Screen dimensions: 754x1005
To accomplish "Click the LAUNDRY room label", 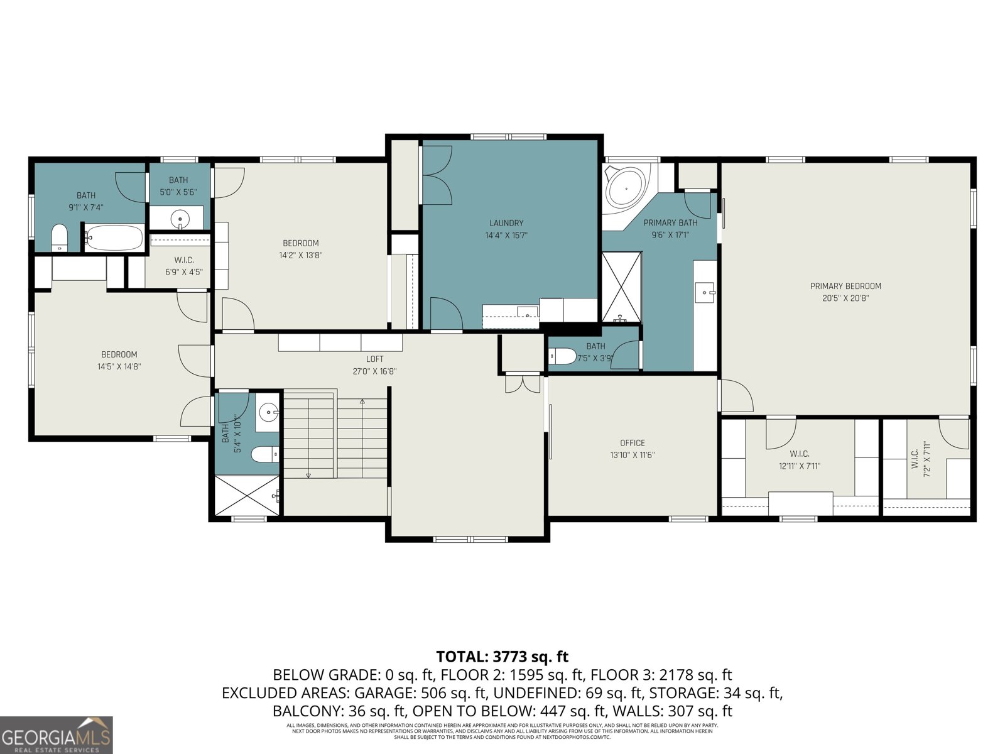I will [506, 223].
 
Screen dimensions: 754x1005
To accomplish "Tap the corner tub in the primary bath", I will [626, 187].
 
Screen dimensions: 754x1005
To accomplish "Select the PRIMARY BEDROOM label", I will [845, 287].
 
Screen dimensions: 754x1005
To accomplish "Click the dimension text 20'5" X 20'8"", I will [845, 298].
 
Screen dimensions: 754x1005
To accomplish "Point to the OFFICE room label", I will [632, 443].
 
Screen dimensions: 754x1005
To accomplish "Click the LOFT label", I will [374, 359].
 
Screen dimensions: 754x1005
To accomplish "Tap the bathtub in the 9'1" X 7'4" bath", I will [114, 238].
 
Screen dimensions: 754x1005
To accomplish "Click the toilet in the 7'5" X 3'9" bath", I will [561, 356].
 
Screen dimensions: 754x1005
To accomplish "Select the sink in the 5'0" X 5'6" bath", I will [180, 219].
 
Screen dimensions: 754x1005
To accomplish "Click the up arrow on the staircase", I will [362, 402].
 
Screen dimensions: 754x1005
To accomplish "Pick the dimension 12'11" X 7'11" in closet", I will [800, 466].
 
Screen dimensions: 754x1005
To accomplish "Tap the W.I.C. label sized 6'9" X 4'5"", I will [183, 260].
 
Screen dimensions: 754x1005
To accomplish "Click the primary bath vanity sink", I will [706, 292].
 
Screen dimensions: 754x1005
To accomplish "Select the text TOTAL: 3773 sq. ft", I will [502, 657].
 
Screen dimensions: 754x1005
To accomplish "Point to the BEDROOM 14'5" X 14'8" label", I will [119, 354].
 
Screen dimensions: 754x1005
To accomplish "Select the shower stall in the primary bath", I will [621, 286].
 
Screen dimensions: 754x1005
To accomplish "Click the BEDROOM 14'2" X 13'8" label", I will [300, 243].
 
